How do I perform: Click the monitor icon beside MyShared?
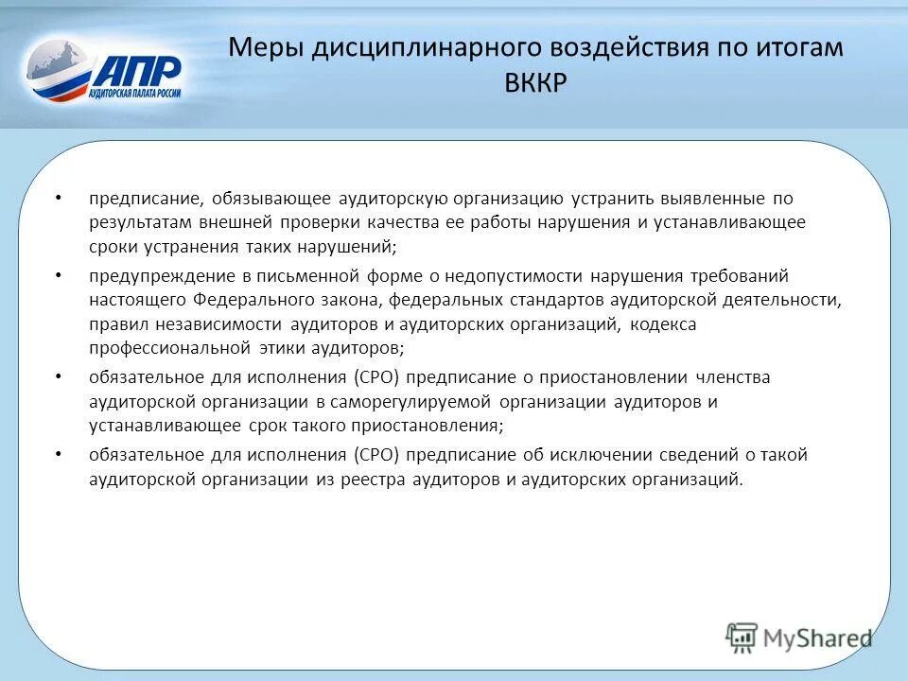(x=742, y=637)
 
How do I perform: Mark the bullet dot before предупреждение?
(x=59, y=275)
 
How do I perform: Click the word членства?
(x=735, y=377)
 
